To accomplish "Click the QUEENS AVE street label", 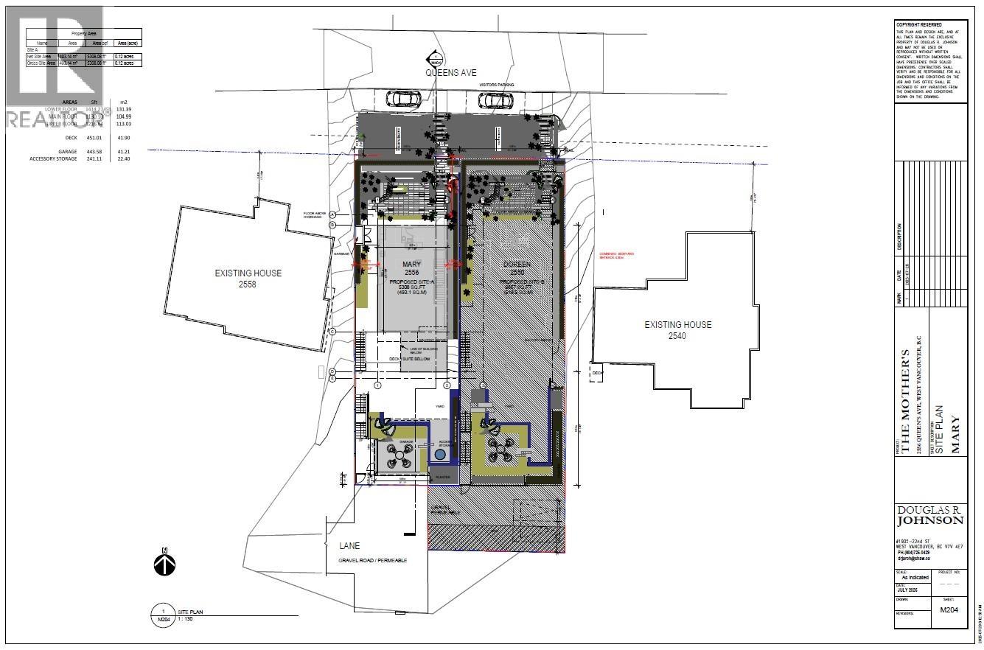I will pyautogui.click(x=450, y=73).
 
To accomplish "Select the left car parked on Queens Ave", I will pyautogui.click(x=405, y=98).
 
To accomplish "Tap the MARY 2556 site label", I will pyautogui.click(x=411, y=268).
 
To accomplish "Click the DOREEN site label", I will pyautogui.click(x=514, y=264).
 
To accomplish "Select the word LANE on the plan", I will pyautogui.click(x=349, y=546).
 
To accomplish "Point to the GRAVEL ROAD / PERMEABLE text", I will pyautogui.click(x=372, y=560).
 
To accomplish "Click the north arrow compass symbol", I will pyautogui.click(x=164, y=565).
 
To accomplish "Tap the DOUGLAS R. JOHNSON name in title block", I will pyautogui.click(x=929, y=515).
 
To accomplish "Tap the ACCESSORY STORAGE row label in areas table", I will pyautogui.click(x=53, y=158).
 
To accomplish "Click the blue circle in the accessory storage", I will pyautogui.click(x=440, y=455).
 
